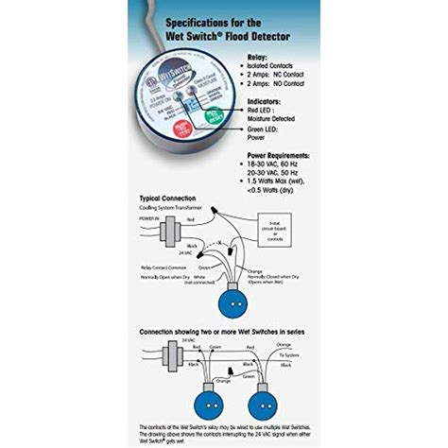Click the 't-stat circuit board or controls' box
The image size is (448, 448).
(x=277, y=226)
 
